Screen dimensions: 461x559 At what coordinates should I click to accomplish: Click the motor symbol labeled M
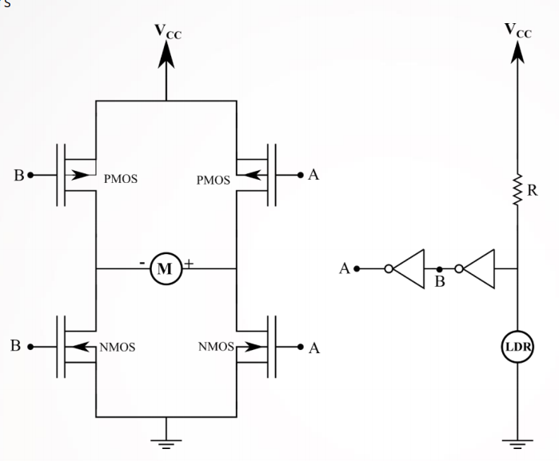click(166, 269)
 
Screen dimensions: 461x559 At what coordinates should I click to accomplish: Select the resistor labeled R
click(517, 191)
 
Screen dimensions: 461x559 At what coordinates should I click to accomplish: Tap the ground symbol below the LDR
click(517, 442)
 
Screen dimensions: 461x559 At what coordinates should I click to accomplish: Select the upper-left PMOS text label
click(121, 180)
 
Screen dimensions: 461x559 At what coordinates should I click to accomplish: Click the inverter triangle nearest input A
click(405, 269)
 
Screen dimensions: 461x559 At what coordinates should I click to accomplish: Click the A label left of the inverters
click(345, 269)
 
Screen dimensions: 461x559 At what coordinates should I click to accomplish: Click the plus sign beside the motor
click(189, 262)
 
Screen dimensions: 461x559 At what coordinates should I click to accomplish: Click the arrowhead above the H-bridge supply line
click(166, 54)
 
